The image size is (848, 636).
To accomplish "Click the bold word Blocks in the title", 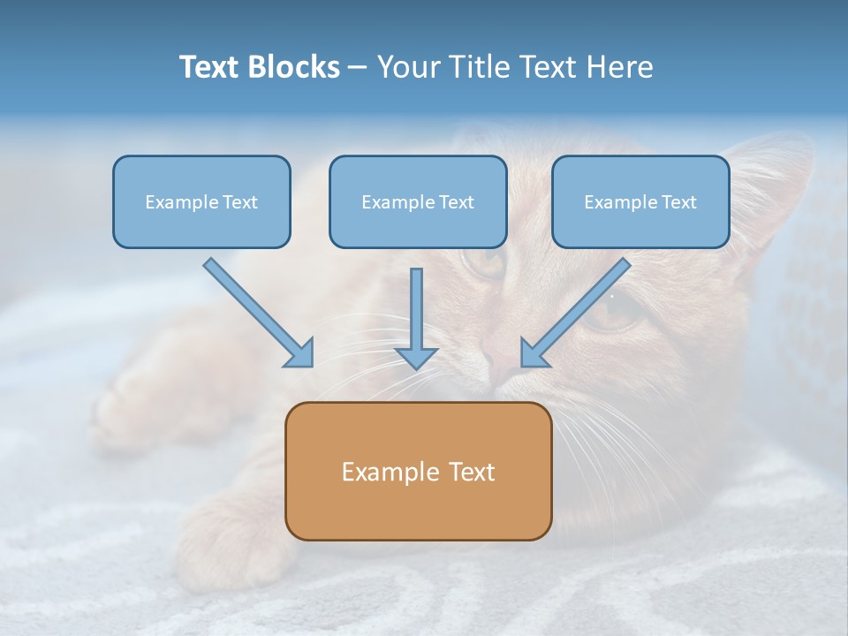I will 296,67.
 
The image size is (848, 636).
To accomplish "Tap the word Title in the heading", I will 481,67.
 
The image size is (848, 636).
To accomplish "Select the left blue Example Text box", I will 201,201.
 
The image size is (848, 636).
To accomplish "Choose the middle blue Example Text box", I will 418,201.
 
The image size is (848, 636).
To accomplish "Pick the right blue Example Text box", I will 640,201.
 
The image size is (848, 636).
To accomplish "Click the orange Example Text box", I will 418,471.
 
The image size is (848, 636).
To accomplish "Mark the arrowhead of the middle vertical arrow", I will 417,357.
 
